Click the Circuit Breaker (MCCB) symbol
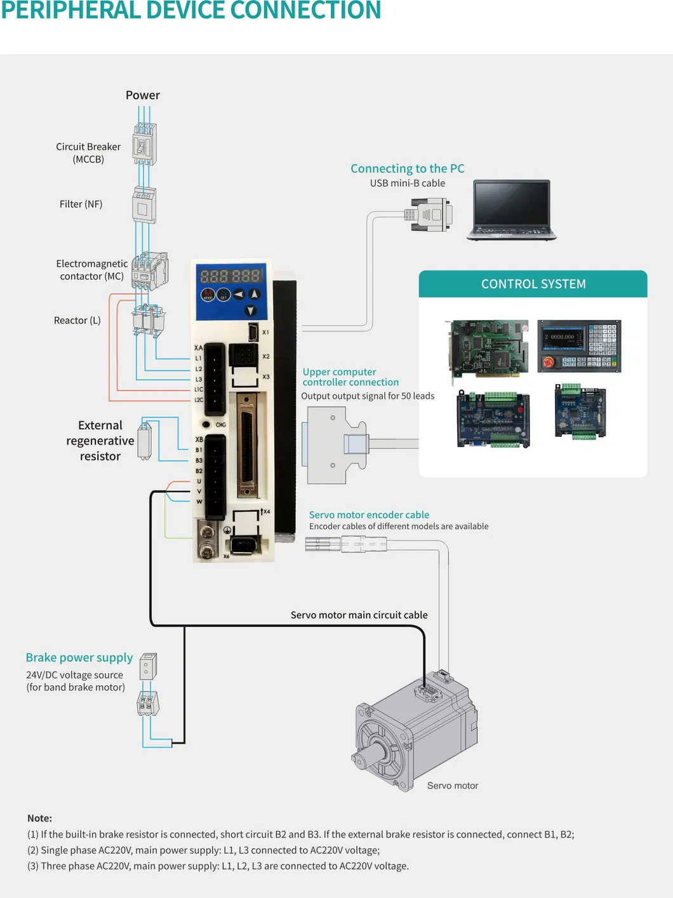144,145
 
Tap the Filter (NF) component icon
144,204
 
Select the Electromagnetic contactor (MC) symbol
150,271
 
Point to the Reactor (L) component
149,320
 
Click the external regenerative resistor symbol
145,440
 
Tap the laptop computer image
512,210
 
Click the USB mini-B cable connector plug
430,214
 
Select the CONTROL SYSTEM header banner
533,284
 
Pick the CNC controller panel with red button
579,346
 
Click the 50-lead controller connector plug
334,445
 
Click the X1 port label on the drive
265,332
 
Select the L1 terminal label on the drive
199,358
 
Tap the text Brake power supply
79,657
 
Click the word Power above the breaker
143,95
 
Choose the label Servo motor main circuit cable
359,615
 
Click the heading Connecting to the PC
407,168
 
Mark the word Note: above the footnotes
39,818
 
